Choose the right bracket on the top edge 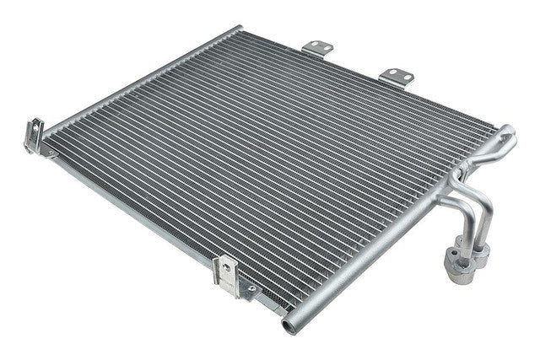pyautogui.click(x=397, y=77)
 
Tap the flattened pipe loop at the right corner pyautogui.click(x=505, y=137)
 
